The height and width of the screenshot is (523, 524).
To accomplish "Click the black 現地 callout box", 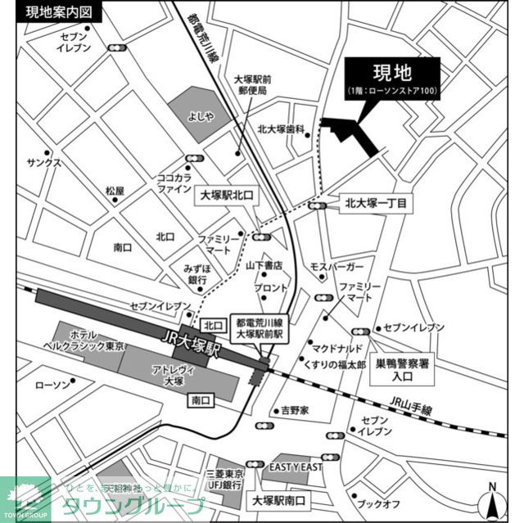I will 391,79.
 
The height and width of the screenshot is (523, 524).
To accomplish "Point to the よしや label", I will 200,116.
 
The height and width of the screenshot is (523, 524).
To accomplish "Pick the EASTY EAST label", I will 296,467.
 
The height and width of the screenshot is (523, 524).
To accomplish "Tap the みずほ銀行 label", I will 196,274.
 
